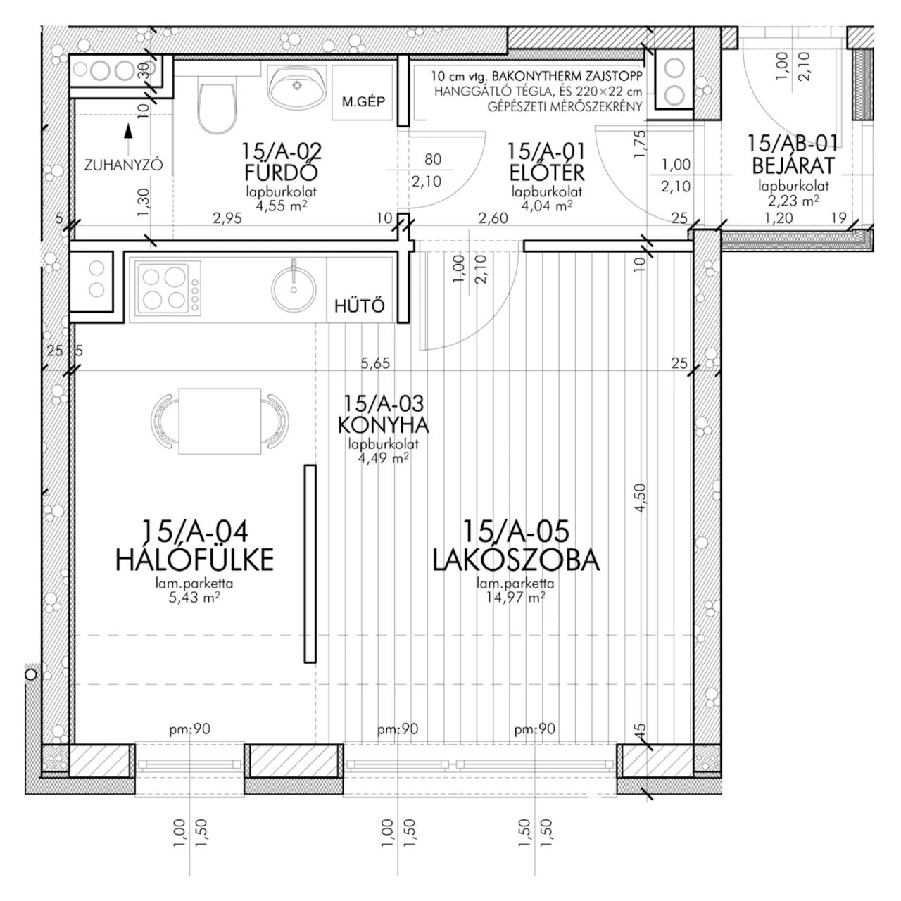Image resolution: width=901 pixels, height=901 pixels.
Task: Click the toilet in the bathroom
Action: tap(216, 108)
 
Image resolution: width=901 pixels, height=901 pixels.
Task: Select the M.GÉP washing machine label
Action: tap(363, 101)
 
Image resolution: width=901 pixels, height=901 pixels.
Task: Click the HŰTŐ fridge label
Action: tap(359, 305)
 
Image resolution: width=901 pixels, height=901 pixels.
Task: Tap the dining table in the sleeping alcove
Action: tap(220, 420)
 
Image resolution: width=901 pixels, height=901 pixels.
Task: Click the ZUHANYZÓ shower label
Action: tap(123, 165)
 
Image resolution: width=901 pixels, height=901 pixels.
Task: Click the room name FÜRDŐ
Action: tap(281, 172)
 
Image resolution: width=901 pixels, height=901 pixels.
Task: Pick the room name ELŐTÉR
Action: tap(547, 172)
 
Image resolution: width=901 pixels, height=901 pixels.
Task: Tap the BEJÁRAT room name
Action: tap(793, 165)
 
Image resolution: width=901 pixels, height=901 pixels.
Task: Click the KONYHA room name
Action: tap(384, 425)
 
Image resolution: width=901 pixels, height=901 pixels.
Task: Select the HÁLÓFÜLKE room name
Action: tap(194, 560)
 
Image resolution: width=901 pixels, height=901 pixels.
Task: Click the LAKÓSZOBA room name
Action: tap(516, 560)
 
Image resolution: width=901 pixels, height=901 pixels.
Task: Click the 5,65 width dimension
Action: tap(375, 363)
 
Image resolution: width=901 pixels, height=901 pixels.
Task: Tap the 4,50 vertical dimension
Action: tap(640, 498)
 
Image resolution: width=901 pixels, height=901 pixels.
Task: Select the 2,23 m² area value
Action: tap(793, 200)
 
